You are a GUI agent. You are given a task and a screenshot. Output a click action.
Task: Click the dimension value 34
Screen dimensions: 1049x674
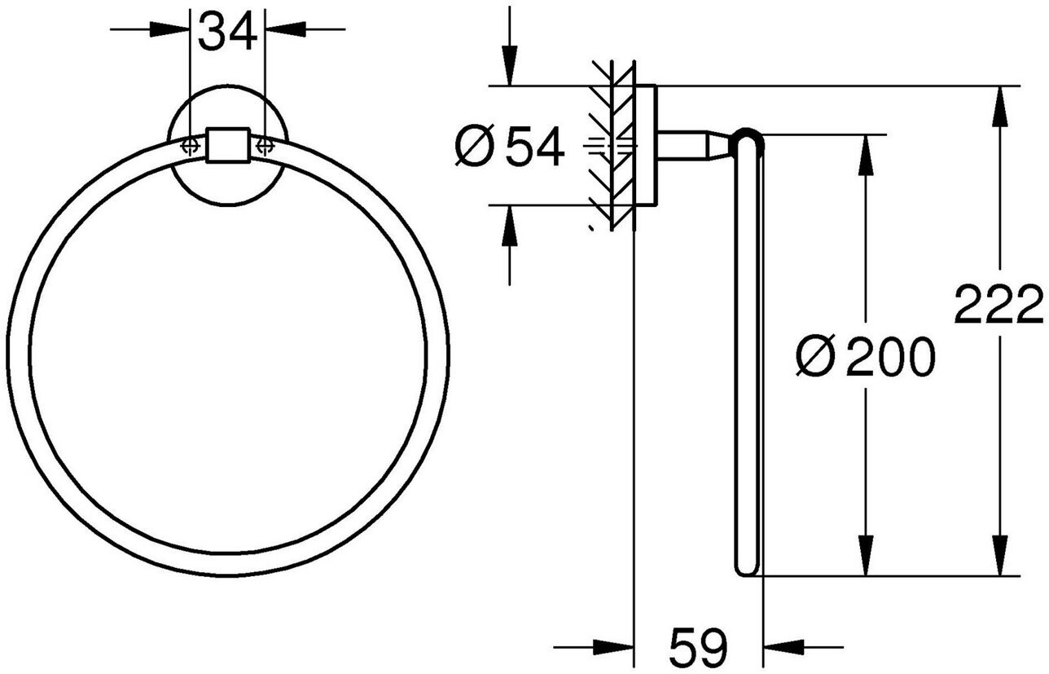227,33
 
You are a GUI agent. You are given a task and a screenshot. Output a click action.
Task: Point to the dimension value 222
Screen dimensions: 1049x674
999,306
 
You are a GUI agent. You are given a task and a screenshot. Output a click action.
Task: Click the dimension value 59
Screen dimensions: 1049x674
698,648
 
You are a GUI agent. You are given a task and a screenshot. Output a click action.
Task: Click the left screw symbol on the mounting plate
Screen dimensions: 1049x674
190,145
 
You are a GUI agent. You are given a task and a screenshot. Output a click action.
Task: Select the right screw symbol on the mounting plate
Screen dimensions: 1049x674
264,145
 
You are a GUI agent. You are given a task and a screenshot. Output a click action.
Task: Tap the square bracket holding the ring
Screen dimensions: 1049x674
226,145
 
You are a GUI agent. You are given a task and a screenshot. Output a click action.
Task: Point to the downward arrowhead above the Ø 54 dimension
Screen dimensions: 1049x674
509,70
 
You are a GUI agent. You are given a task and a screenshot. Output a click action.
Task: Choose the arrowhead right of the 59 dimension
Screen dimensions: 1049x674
779,648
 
